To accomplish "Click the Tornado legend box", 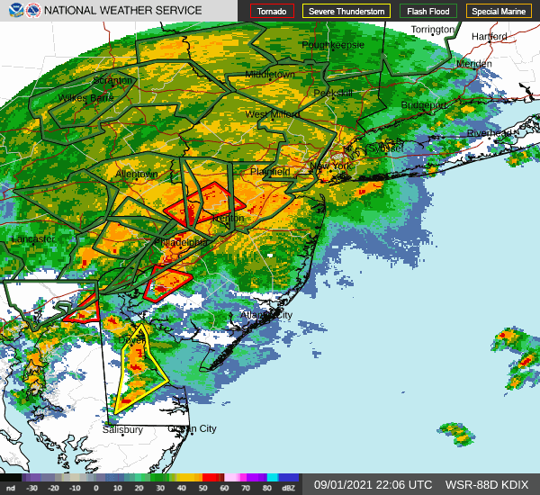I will pos(272,11).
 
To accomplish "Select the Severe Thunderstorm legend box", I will pos(346,11).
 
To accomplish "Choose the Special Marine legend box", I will pos(498,11).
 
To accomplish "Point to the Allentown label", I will pos(136,174).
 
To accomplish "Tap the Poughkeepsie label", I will pos(333,44).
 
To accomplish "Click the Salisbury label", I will pos(122,430).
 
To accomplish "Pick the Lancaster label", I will pos(33,239).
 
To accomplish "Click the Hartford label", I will pos(489,37).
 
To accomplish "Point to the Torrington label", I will pos(432,30).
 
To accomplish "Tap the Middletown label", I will pos(270,74).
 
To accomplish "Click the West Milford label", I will pos(273,115).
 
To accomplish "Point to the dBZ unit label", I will pos(289,488).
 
